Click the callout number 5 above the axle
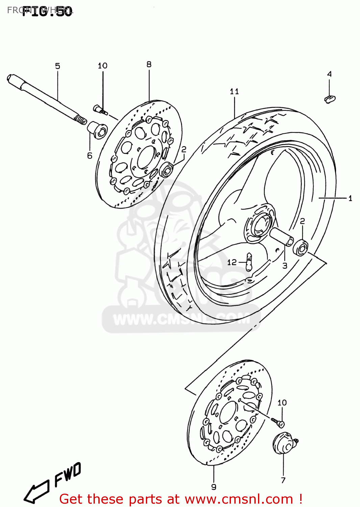coord(57,66)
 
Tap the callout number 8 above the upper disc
coord(149,64)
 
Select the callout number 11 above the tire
coord(234,91)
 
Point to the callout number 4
coord(329,74)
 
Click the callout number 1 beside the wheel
coord(350,198)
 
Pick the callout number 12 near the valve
coord(232,262)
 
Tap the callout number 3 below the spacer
coord(285,266)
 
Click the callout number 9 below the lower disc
coord(213,487)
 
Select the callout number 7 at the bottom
coord(283,480)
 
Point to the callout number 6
coord(89,155)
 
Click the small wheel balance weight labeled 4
coord(330,99)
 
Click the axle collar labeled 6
coord(98,130)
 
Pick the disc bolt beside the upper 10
coord(100,110)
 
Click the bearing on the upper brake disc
coord(166,169)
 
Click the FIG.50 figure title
coord(47,11)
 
